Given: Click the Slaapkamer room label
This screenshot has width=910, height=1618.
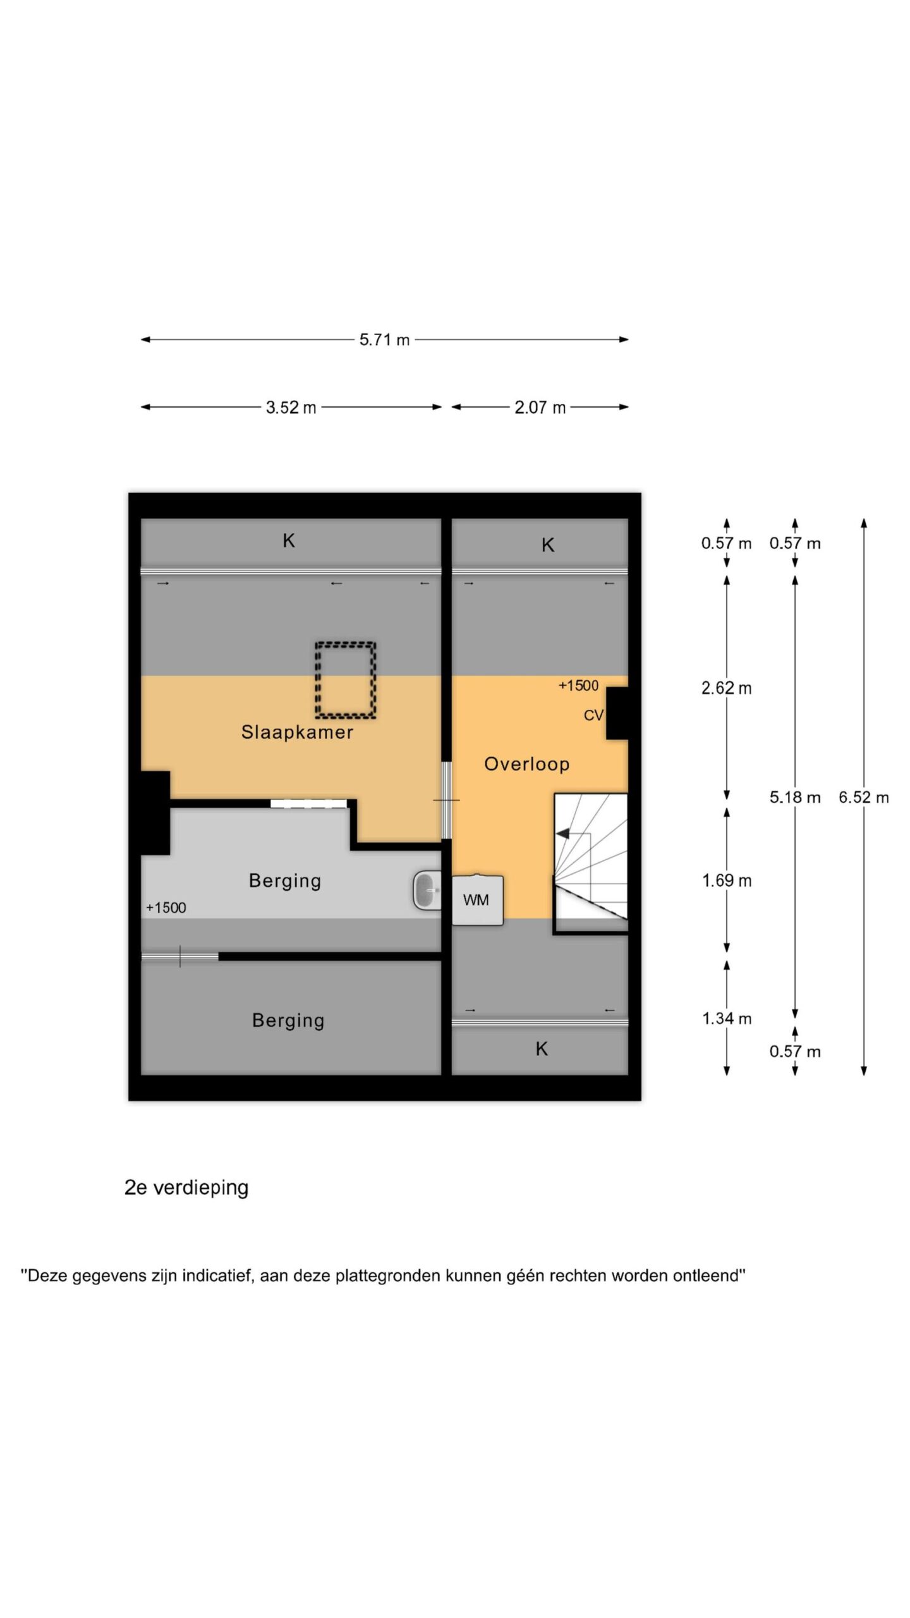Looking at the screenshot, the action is pos(297,732).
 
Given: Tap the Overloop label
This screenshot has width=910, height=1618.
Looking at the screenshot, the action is pos(526,764).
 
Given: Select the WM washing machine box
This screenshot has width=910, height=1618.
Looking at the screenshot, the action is pos(478,900).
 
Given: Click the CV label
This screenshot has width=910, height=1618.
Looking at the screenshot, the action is pos(593,715).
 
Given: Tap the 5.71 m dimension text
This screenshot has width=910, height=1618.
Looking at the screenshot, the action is pos(384,340).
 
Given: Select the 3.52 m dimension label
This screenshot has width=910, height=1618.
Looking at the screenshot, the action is pos(291,408).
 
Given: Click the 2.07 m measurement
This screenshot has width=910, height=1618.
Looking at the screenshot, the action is pos(540,408).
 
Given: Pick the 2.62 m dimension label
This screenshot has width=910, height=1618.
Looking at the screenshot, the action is pos(726,688).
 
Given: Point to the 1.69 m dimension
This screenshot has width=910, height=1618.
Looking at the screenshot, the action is pos(727,880).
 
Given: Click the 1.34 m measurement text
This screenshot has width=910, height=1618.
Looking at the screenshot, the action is pos(727,1018).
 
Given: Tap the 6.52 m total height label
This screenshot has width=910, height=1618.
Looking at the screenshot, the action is pos(863,797).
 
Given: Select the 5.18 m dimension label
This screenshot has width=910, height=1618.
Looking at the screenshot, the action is pos(795,797).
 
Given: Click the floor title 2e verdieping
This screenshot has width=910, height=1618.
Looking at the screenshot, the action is pos(186,1188).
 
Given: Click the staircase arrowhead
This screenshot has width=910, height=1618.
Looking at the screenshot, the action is pos(562,834).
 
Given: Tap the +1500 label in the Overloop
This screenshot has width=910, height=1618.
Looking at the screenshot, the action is pos(578,686).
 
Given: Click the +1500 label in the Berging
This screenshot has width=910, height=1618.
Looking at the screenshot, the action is pos(166,908).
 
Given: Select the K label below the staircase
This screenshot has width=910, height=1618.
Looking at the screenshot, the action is pos(542,1049).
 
